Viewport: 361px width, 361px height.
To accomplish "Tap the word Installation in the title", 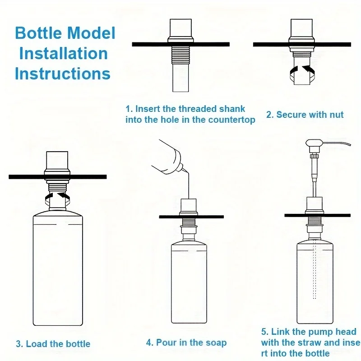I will [63, 53].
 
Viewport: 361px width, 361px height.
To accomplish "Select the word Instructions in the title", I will [63, 74].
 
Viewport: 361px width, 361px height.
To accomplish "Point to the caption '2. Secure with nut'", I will [305, 115].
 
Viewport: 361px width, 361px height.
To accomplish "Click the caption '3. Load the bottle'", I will [53, 344].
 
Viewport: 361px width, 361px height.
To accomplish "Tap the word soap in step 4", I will [217, 342].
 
